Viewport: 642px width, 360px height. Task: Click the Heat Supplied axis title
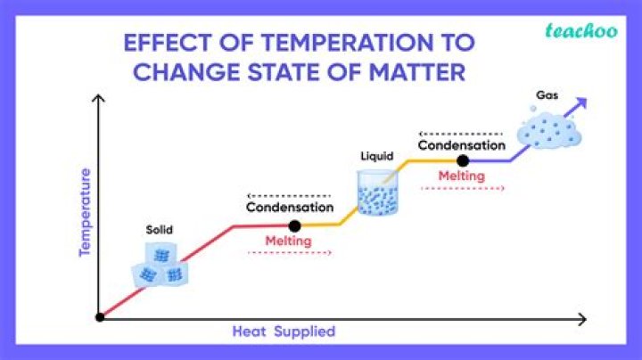tap(284, 331)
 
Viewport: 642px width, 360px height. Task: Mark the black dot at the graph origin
tap(100, 317)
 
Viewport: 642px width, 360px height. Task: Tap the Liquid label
tap(376, 157)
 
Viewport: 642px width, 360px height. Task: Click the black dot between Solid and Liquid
tap(295, 225)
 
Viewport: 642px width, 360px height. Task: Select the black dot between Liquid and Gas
tap(462, 160)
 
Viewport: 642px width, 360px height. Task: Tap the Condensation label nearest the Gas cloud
tap(462, 144)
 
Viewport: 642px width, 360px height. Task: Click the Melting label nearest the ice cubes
tap(288, 241)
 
